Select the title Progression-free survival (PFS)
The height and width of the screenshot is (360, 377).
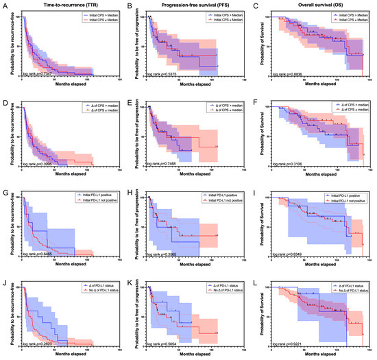[186, 5]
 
